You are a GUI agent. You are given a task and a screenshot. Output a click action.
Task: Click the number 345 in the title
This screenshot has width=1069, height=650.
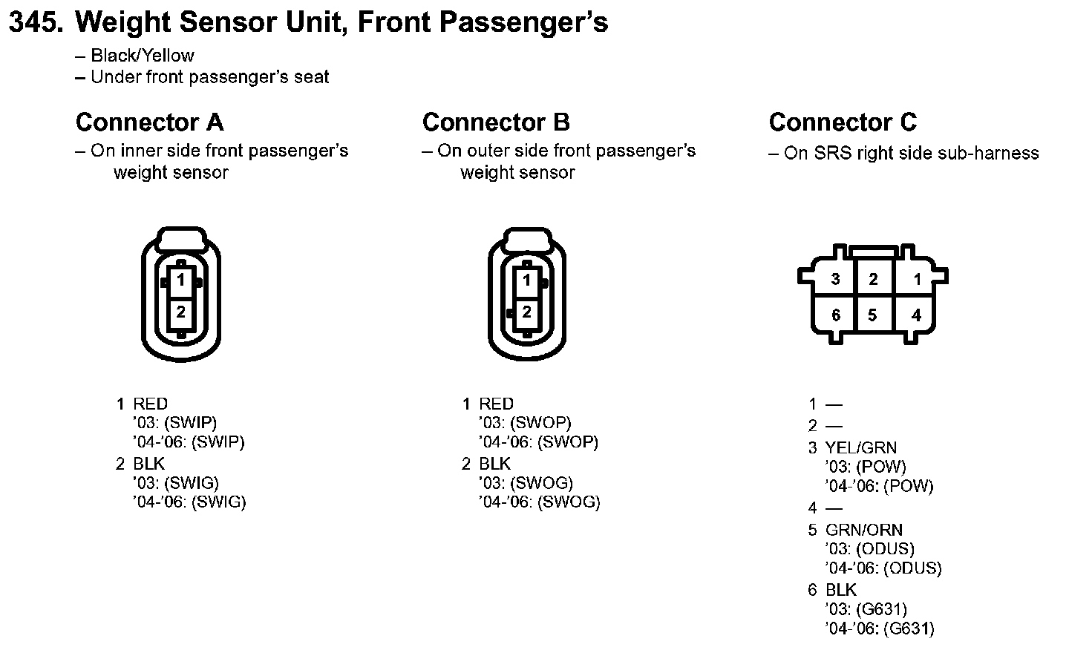point(34,23)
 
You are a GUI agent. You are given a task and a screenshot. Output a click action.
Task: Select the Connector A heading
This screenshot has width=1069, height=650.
point(149,122)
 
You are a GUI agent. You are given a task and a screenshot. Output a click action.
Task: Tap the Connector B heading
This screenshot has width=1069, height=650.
point(496,122)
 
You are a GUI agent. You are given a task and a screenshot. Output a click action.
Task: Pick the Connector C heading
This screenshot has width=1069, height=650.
point(843,122)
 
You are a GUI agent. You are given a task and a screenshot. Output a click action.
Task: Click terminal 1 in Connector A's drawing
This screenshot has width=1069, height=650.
point(180,280)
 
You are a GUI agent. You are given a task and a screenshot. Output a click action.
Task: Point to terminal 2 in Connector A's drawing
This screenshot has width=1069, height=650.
point(180,312)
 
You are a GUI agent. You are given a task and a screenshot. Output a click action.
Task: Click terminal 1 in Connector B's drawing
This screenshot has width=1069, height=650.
point(527,280)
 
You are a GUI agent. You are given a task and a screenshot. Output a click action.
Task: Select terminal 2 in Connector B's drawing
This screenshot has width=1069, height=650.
point(527,312)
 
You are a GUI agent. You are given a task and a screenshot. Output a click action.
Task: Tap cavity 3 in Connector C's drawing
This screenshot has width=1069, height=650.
point(835,279)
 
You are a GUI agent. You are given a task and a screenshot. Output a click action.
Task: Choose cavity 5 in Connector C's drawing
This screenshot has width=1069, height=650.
point(872,315)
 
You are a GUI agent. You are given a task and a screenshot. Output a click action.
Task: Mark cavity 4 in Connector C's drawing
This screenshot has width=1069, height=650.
point(916,315)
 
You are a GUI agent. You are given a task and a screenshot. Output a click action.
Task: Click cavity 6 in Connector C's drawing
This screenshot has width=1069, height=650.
point(835,315)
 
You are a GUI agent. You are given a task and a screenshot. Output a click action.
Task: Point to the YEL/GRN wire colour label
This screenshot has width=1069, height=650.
point(860,447)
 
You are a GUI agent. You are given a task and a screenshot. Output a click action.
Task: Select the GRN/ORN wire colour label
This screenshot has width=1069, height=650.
point(863,530)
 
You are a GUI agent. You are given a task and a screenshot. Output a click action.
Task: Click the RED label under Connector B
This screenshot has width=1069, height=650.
point(496,404)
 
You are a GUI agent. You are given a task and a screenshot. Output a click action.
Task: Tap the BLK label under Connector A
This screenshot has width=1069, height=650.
point(148,464)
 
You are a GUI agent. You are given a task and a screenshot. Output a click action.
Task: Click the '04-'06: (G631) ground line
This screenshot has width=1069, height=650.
point(879,628)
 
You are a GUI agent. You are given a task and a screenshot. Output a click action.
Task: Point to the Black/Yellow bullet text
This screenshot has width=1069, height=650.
point(142,56)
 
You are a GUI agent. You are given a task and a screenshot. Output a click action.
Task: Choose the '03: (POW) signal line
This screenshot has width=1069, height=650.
point(866,467)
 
